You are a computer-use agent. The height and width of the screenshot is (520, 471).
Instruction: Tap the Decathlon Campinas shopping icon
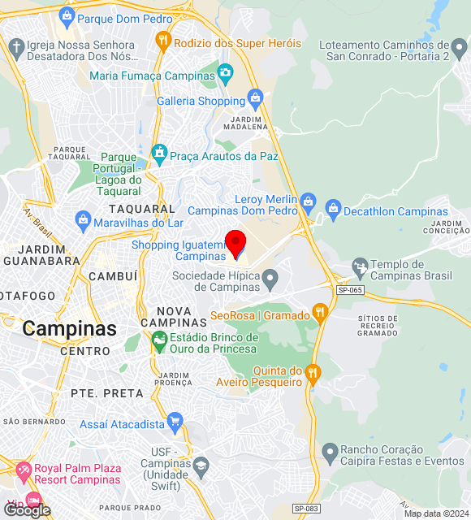point(333,209)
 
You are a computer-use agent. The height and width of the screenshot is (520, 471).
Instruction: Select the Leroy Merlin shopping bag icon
point(307,200)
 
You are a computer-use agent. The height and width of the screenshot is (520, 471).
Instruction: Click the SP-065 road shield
point(350,288)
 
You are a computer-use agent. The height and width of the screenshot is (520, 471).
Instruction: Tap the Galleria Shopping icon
point(256,100)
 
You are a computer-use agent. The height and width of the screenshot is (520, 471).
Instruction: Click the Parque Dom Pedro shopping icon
point(67,16)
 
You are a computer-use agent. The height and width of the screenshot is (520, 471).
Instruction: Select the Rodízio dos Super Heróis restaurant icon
point(163,40)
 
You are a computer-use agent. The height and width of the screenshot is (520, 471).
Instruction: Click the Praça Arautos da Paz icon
point(160,153)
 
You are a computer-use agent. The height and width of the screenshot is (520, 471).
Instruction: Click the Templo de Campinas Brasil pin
point(360,266)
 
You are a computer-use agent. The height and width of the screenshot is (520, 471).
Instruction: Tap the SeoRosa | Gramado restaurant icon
point(320,312)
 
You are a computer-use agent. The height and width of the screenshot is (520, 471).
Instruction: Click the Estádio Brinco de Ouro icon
point(159,341)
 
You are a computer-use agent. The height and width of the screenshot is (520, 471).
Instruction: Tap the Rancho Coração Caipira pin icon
point(330,451)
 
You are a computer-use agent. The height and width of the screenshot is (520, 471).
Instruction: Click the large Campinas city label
point(70,328)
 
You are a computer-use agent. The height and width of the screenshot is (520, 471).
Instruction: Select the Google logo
point(26,509)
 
